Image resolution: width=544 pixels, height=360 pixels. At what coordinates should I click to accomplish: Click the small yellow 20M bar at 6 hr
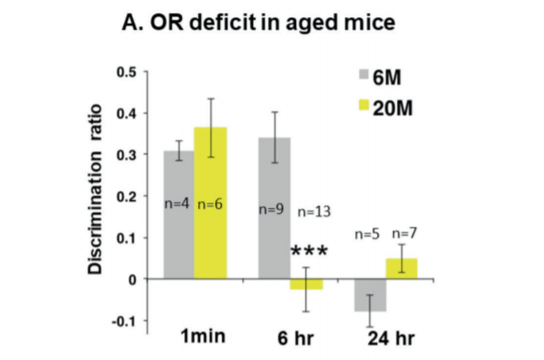306,284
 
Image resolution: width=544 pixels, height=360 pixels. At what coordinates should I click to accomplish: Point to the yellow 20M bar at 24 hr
402,269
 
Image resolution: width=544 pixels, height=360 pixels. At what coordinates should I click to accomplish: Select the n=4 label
179,204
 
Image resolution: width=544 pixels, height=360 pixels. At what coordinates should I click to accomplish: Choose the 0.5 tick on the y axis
134,71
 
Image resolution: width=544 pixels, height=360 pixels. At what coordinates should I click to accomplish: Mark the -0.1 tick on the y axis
133,321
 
